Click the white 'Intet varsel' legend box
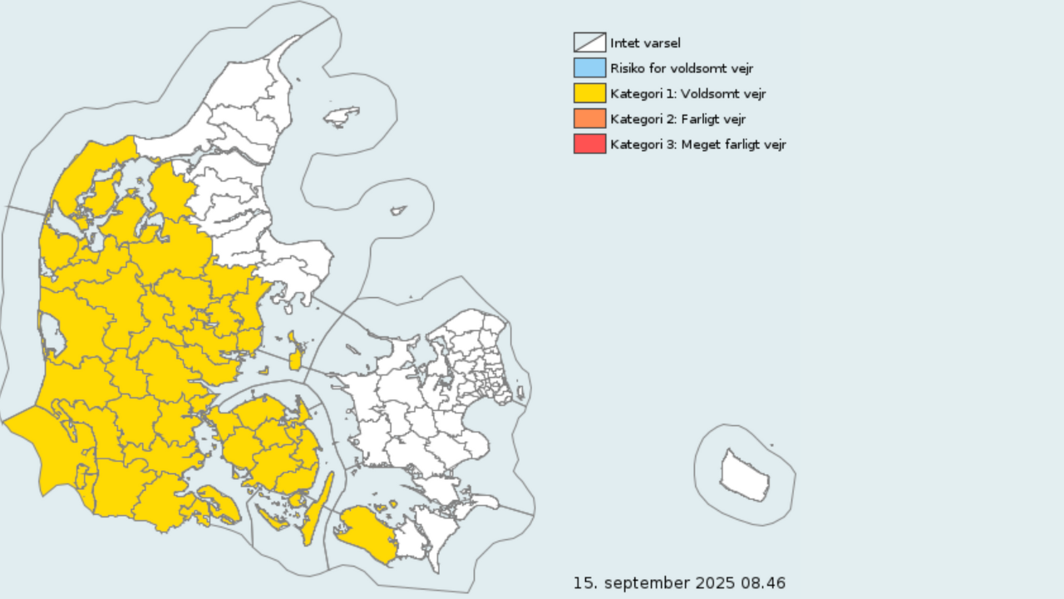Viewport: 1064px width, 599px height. [589, 42]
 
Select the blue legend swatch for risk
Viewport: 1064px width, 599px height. [589, 68]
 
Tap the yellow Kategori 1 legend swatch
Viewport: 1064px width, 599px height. [589, 93]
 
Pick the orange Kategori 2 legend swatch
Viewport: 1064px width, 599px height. [589, 119]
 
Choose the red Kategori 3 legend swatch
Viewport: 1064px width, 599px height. [589, 144]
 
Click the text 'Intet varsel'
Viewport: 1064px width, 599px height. [645, 43]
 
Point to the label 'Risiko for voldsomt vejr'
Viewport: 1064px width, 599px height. [682, 68]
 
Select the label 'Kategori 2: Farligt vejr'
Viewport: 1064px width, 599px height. [677, 119]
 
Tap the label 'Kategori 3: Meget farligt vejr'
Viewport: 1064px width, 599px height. [697, 145]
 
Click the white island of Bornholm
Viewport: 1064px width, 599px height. [746, 476]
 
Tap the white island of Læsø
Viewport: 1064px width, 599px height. [341, 116]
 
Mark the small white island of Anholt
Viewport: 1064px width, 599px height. [398, 211]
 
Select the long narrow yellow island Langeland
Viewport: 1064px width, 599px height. [318, 507]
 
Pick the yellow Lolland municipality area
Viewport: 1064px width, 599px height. [366, 532]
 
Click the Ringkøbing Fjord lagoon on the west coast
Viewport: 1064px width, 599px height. [51, 334]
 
